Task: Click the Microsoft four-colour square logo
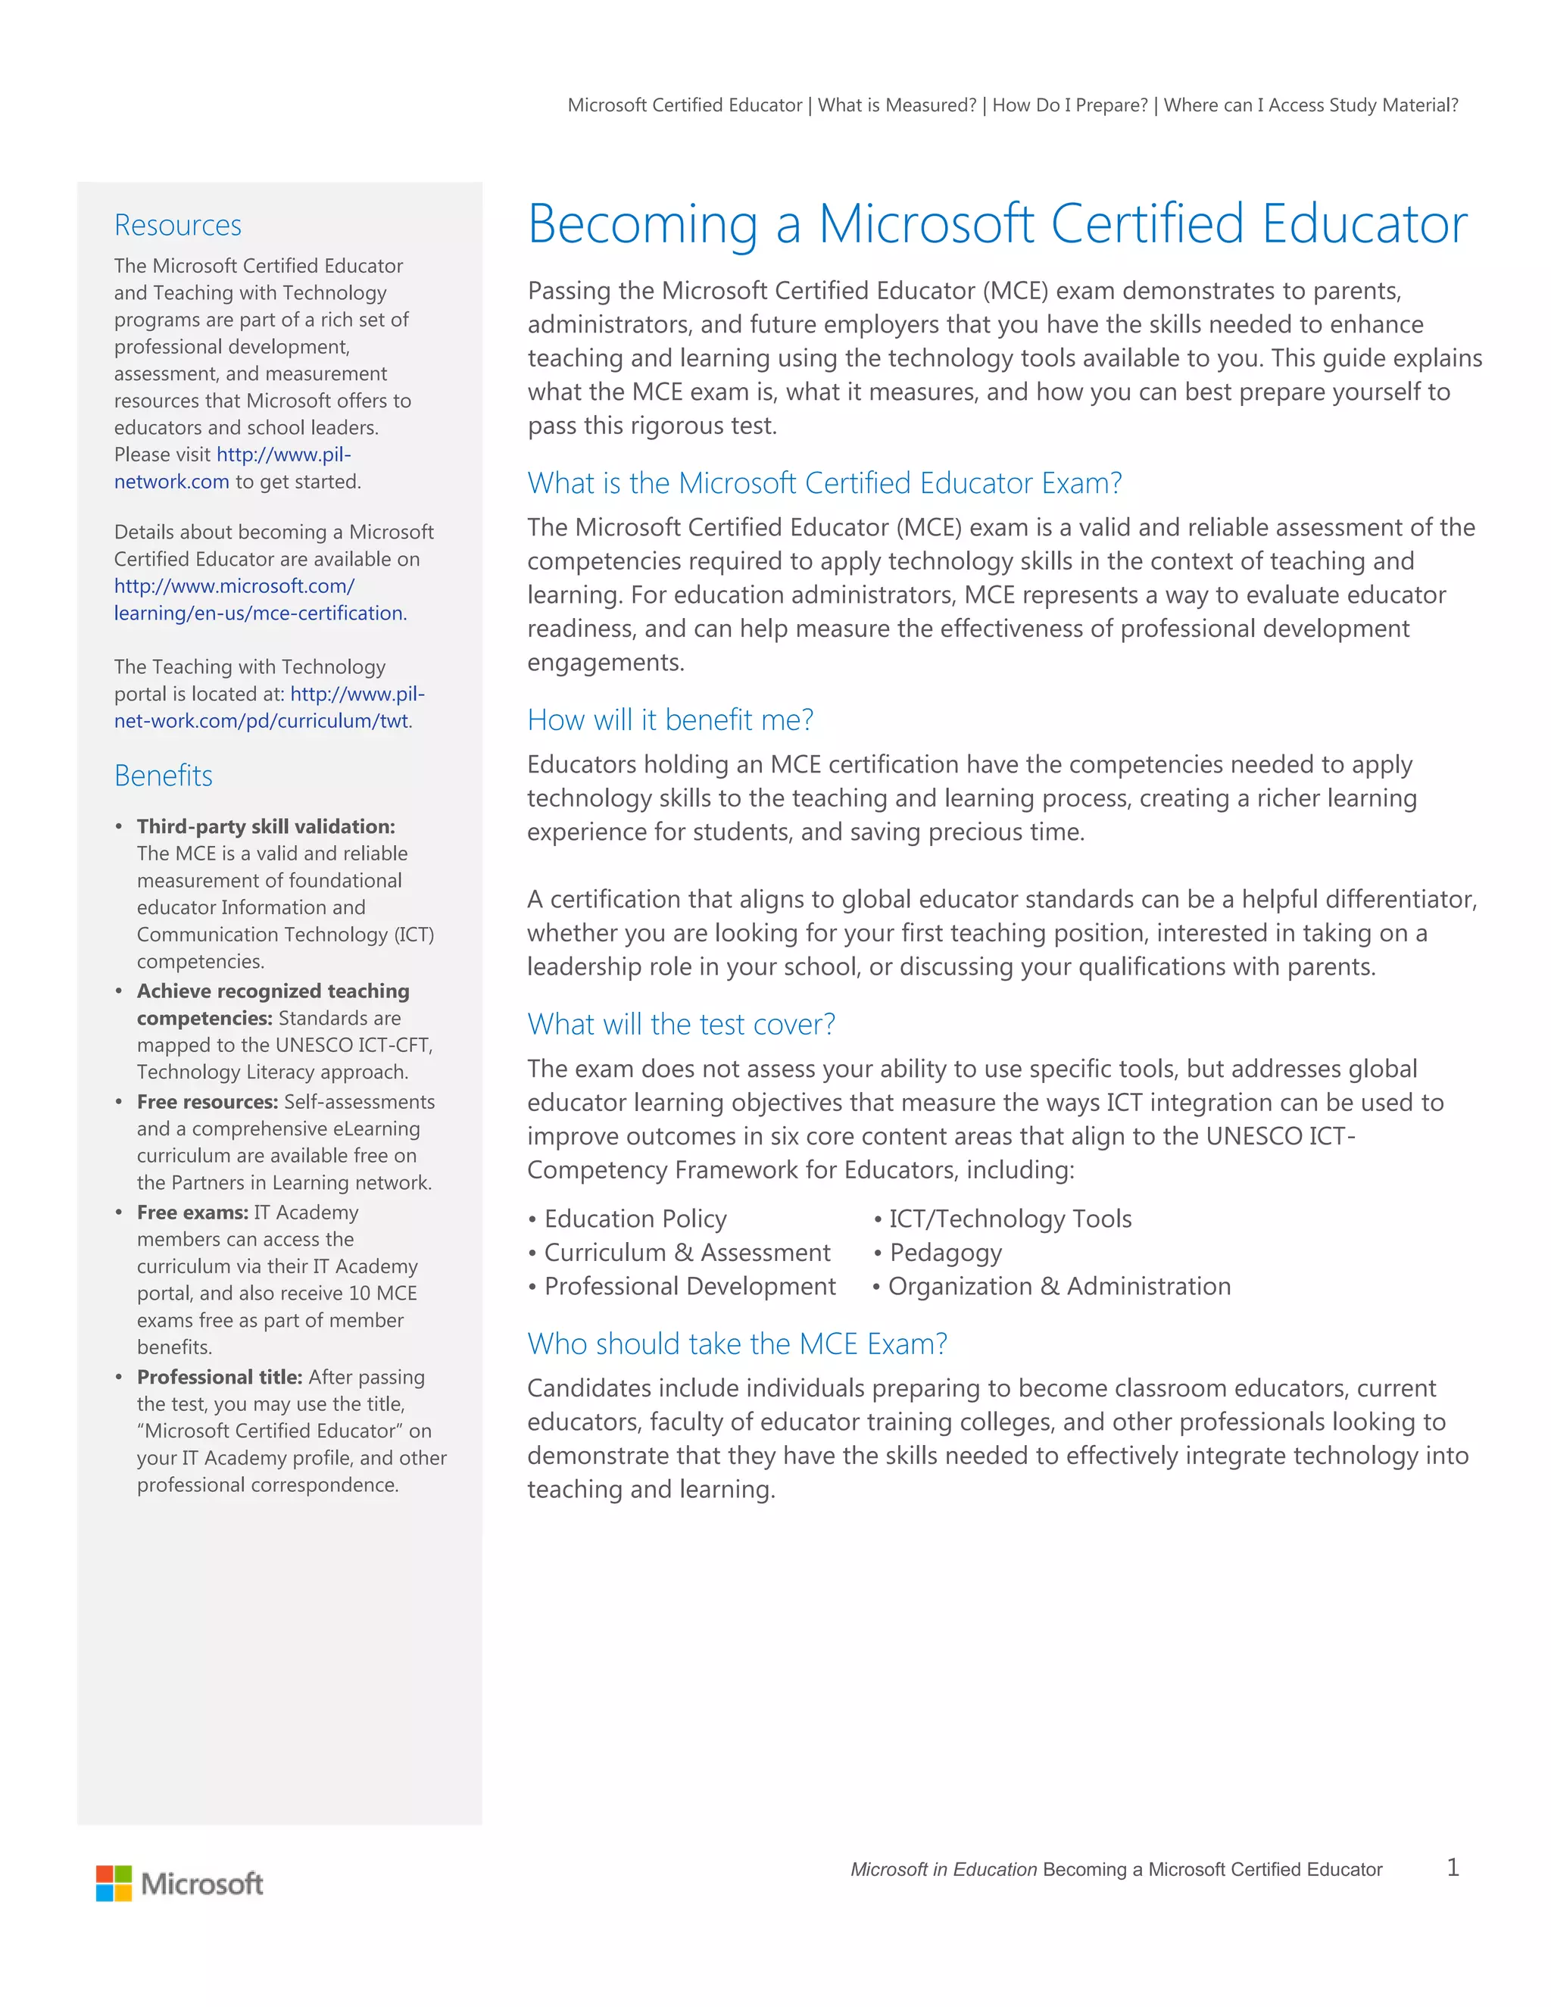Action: pos(114,1883)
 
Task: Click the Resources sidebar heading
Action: pos(177,225)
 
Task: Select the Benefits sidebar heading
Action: pos(164,776)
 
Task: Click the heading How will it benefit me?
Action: pos(669,719)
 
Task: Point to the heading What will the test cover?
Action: pos(681,1024)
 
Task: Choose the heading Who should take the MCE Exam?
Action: pos(737,1344)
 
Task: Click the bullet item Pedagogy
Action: pos(944,1253)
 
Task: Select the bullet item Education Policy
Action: pos(635,1219)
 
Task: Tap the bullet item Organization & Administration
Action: pos(1059,1287)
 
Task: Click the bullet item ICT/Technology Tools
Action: pos(1010,1219)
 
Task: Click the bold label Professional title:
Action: pos(220,1377)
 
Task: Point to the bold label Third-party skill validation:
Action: pos(266,826)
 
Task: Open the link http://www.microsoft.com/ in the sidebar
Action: pos(234,585)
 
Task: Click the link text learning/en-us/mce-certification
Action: pos(260,613)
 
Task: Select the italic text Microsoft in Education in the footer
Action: pos(943,1869)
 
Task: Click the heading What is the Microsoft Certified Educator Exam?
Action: pos(824,482)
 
